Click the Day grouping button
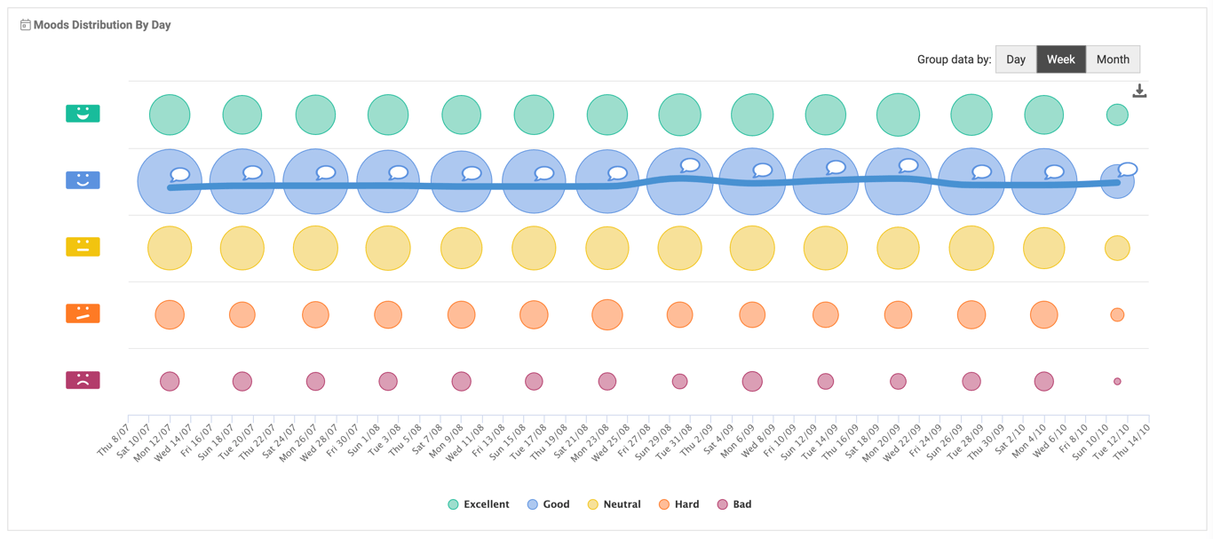pyautogui.click(x=1016, y=59)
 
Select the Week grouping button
pyautogui.click(x=1060, y=59)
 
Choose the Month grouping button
pyautogui.click(x=1113, y=59)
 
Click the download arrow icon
pyautogui.click(x=1139, y=91)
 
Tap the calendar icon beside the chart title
pyautogui.click(x=25, y=25)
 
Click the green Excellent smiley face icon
pyautogui.click(x=83, y=114)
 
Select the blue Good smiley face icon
pyautogui.click(x=83, y=180)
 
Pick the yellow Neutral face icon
pyautogui.click(x=83, y=247)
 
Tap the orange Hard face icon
pyautogui.click(x=83, y=313)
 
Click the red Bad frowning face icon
pyautogui.click(x=83, y=380)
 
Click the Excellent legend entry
pyautogui.click(x=479, y=504)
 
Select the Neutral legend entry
pyautogui.click(x=614, y=504)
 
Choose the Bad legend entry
pyautogui.click(x=734, y=504)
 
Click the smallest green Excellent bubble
pyautogui.click(x=1117, y=115)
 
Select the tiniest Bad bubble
pyautogui.click(x=1117, y=381)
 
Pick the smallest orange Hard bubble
pyautogui.click(x=1117, y=314)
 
